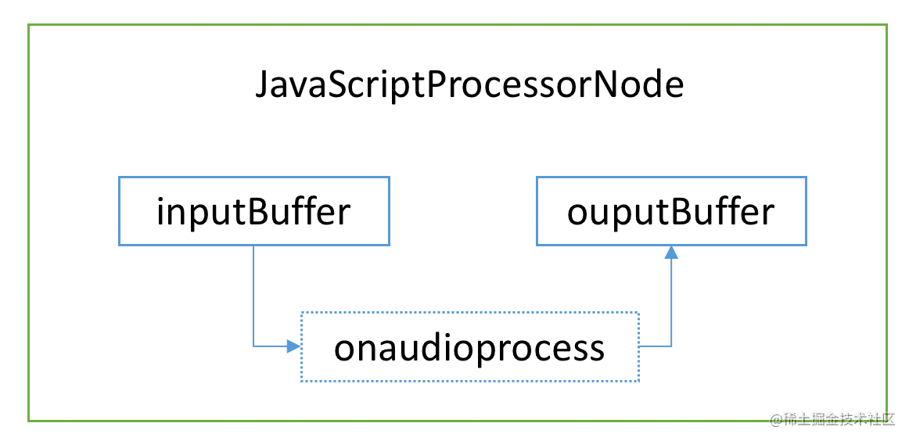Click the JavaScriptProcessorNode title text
coord(469,86)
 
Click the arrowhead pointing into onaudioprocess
coord(294,346)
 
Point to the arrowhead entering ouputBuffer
coord(671,253)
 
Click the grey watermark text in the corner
coord(832,420)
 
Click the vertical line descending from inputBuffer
coord(254,296)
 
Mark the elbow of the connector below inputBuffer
coord(254,346)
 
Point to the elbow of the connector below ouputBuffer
coord(671,346)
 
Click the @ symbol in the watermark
coord(776,421)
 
